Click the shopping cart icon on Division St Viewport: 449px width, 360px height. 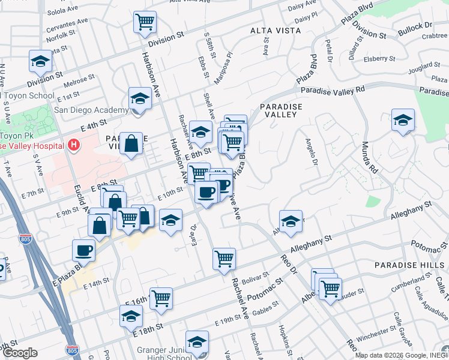coord(145,22)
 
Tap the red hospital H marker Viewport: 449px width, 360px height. coord(74,145)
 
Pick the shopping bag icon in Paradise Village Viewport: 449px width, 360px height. coord(131,143)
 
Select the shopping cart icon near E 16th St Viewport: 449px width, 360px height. coord(161,298)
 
